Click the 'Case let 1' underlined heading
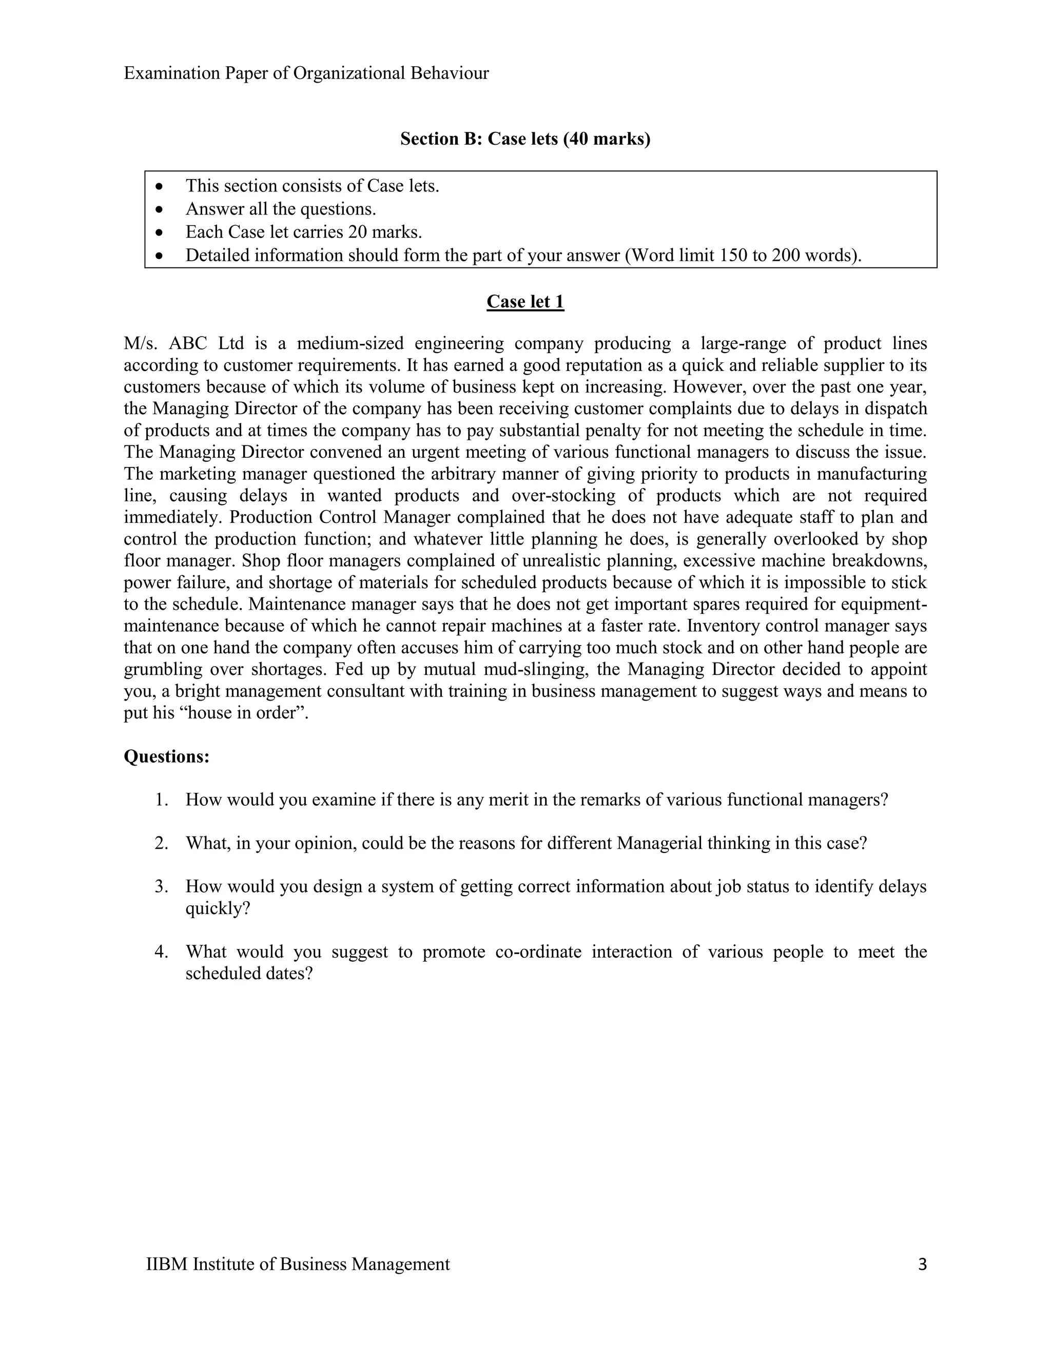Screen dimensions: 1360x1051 (x=525, y=301)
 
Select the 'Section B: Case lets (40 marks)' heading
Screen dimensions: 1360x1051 (x=525, y=138)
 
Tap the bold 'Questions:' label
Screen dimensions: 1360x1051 (x=166, y=756)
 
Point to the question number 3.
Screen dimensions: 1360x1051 (x=161, y=886)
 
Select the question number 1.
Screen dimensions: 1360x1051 (x=161, y=800)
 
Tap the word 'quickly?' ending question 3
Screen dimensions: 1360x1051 (x=217, y=908)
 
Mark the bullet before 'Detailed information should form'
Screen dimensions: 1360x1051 (x=161, y=255)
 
